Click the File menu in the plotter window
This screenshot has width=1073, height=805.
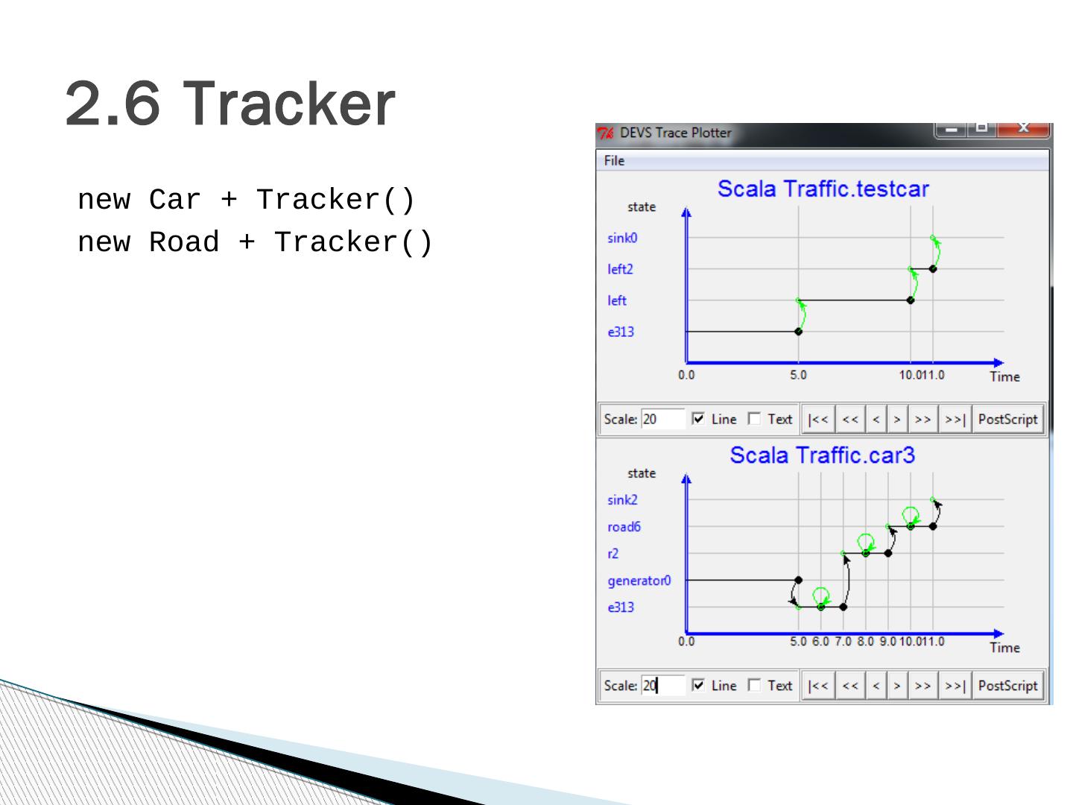pyautogui.click(x=614, y=161)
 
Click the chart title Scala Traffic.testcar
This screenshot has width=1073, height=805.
pyautogui.click(x=823, y=189)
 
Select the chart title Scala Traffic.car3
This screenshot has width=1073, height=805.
pyautogui.click(x=822, y=455)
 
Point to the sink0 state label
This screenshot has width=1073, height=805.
pyautogui.click(x=622, y=238)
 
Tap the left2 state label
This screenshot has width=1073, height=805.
pyautogui.click(x=621, y=269)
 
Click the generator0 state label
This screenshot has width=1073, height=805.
pyautogui.click(x=639, y=581)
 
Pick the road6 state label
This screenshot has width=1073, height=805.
pyautogui.click(x=624, y=527)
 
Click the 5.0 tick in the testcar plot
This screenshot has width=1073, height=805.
pyautogui.click(x=798, y=375)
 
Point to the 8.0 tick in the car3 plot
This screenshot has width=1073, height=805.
pyautogui.click(x=865, y=641)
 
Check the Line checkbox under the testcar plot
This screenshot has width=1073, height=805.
pyautogui.click(x=698, y=419)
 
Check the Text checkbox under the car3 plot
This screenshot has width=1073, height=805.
pyautogui.click(x=754, y=685)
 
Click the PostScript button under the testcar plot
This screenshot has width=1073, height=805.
pyautogui.click(x=1007, y=420)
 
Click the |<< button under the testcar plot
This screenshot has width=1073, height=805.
pyautogui.click(x=818, y=420)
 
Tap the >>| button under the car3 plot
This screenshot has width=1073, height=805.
pyautogui.click(x=955, y=686)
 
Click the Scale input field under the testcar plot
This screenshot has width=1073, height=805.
pyautogui.click(x=662, y=420)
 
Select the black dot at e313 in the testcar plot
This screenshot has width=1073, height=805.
pyautogui.click(x=798, y=332)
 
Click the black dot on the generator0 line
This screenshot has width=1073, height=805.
pyautogui.click(x=798, y=580)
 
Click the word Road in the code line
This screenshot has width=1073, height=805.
pyautogui.click(x=184, y=242)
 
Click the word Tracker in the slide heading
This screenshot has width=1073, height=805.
pyautogui.click(x=289, y=104)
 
